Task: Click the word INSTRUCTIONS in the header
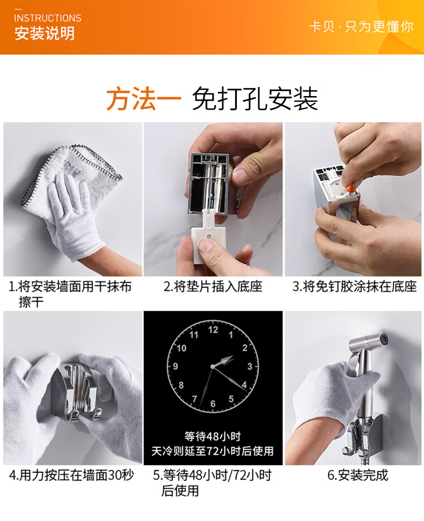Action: (47, 18)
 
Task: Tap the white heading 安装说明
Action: (45, 33)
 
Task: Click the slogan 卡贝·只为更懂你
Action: (361, 27)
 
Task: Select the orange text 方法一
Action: (144, 99)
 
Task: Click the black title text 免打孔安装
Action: (255, 99)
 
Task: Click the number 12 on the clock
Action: (213, 329)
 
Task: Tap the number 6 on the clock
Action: (213, 403)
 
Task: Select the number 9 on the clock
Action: (176, 367)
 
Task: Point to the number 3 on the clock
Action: (250, 367)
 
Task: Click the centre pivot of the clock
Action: (213, 367)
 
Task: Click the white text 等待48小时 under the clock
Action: (213, 436)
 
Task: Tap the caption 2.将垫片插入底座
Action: (213, 286)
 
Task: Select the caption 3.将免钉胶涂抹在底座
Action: (354, 286)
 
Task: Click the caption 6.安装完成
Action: (358, 475)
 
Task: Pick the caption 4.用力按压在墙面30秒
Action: (71, 475)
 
